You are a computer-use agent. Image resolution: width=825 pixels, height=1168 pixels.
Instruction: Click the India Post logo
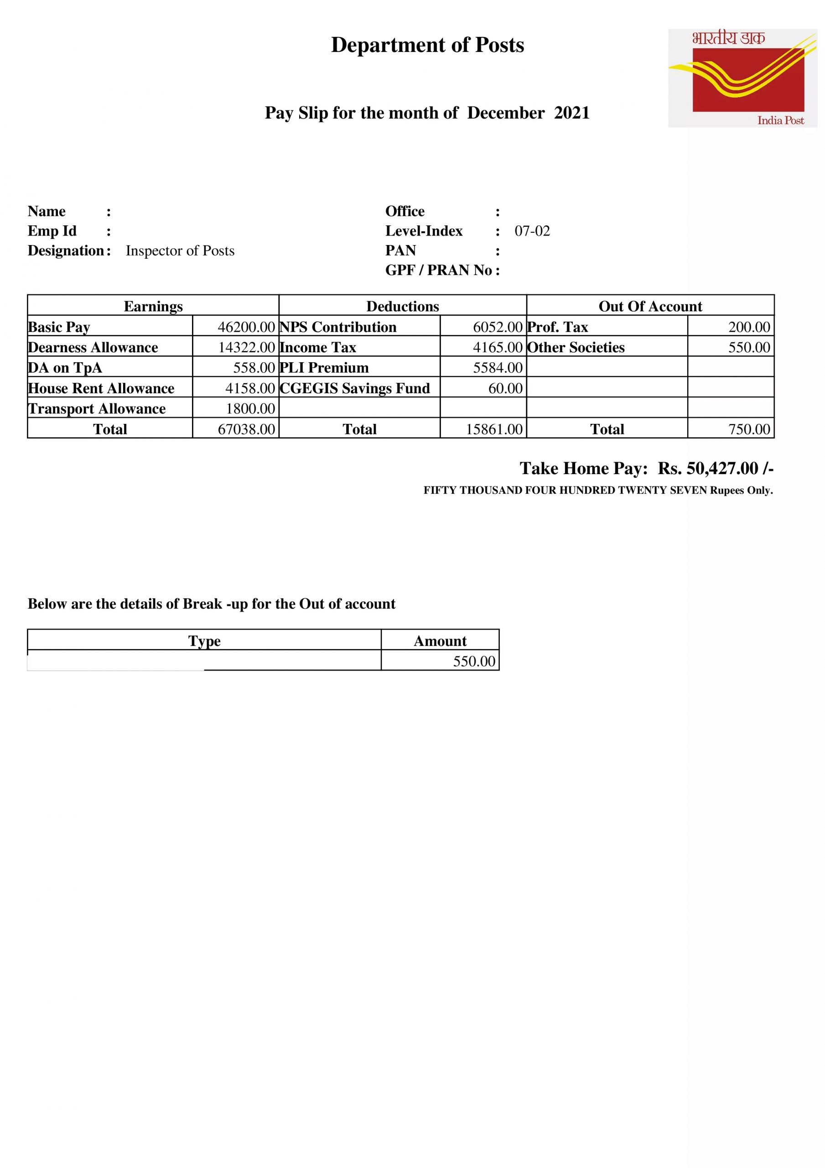tap(742, 78)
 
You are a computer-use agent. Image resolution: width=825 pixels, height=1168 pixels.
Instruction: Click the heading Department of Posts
tap(427, 45)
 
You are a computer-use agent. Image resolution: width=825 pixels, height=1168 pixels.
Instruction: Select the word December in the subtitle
tap(506, 113)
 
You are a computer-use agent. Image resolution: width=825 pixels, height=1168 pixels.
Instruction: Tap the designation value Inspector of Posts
tap(180, 251)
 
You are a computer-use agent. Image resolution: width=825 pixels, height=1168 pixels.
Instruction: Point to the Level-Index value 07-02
tap(532, 231)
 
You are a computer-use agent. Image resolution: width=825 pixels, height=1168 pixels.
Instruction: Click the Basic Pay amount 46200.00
tap(246, 327)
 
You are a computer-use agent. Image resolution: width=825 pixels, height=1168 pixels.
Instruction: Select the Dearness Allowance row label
tap(93, 348)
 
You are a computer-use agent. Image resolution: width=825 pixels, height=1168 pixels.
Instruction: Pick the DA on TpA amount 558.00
tap(254, 368)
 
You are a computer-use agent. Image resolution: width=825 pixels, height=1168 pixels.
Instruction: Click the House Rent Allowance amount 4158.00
tap(250, 389)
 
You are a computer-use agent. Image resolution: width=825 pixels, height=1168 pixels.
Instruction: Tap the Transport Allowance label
tap(97, 409)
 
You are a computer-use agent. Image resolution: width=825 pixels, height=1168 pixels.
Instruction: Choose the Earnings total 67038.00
tap(246, 429)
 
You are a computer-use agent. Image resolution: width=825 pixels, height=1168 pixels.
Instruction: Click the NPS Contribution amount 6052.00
tap(498, 327)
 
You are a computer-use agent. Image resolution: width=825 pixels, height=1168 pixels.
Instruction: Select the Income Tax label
tap(318, 348)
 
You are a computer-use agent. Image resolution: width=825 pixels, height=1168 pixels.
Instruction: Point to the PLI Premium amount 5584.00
tap(498, 368)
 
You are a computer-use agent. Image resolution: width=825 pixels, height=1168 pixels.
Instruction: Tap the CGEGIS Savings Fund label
tap(355, 389)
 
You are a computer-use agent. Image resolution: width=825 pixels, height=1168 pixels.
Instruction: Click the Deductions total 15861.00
tap(494, 429)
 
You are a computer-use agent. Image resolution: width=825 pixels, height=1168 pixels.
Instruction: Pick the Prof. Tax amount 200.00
tap(749, 327)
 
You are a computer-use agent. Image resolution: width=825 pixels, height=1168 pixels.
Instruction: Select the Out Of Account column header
tap(650, 306)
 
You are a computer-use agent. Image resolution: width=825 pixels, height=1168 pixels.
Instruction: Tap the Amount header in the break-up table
tap(440, 641)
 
